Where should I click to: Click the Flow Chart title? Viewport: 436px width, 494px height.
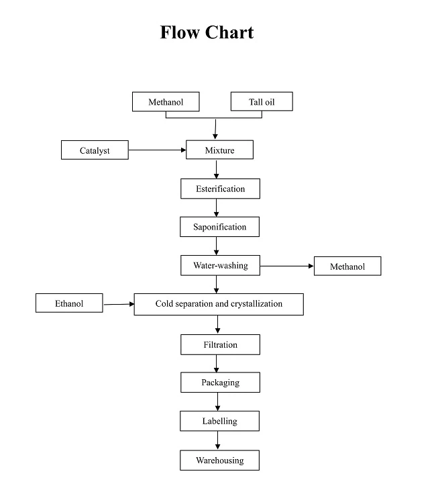pos(207,32)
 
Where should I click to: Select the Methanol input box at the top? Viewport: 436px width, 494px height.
pos(166,102)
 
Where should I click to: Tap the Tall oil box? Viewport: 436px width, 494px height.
pos(262,102)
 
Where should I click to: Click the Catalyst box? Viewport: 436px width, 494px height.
pos(95,150)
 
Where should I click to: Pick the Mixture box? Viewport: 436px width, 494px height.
pos(219,150)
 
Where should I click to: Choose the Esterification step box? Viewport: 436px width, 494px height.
pos(220,189)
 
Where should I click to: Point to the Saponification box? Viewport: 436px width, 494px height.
pos(219,227)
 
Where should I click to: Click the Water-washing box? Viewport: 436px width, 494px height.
pos(220,266)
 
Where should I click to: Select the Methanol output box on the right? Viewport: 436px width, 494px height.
pos(347,266)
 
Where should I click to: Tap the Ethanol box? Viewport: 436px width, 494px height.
pos(70,303)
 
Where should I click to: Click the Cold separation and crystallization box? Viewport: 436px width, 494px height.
pos(219,304)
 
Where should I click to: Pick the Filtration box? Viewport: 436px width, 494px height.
pos(220,345)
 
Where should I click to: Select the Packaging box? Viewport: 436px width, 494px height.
pos(220,383)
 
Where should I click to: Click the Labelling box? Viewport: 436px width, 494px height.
pos(219,421)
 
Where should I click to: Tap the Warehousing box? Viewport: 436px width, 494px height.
pos(219,460)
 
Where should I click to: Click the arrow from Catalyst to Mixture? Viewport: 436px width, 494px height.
pos(157,150)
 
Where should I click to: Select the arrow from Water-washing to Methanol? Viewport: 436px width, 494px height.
pos(286,266)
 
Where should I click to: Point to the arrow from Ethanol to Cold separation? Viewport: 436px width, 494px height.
pos(119,304)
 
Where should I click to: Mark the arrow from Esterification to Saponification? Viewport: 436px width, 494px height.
pos(217,208)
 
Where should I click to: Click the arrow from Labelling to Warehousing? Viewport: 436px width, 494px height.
pos(217,440)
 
